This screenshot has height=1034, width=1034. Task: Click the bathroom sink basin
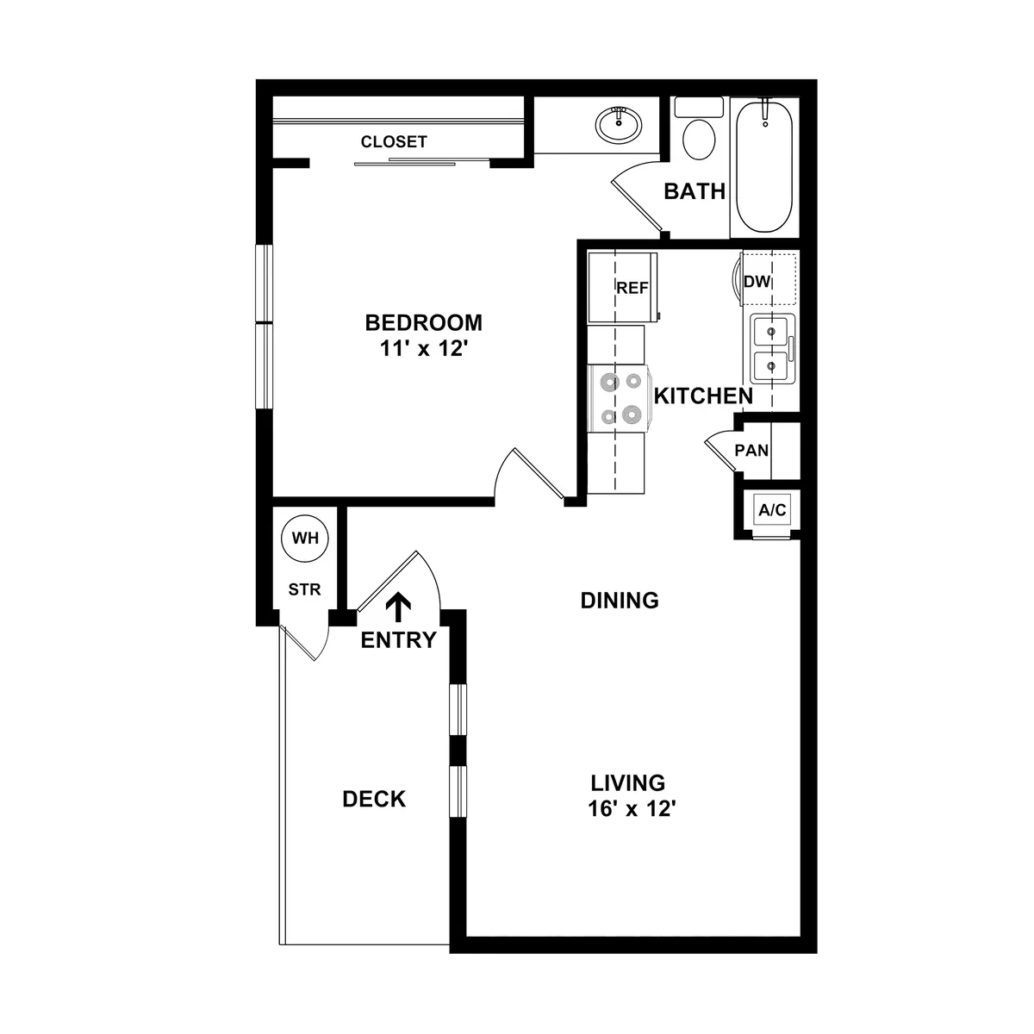618,126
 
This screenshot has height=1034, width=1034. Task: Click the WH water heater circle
305,539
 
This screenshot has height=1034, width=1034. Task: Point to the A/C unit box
772,510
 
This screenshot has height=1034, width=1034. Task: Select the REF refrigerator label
632,289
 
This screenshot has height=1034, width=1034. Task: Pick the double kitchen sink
771,349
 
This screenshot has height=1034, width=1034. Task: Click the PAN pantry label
751,450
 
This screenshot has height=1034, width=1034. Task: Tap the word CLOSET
394,142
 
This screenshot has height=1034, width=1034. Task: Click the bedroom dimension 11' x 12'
423,350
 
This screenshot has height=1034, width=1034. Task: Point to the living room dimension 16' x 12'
627,810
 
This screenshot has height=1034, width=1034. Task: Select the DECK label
374,799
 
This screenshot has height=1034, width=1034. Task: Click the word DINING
620,600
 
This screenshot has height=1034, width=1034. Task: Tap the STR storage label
304,590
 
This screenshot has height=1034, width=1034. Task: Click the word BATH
695,191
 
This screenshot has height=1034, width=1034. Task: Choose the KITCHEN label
703,396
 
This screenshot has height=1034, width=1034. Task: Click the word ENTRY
399,640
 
